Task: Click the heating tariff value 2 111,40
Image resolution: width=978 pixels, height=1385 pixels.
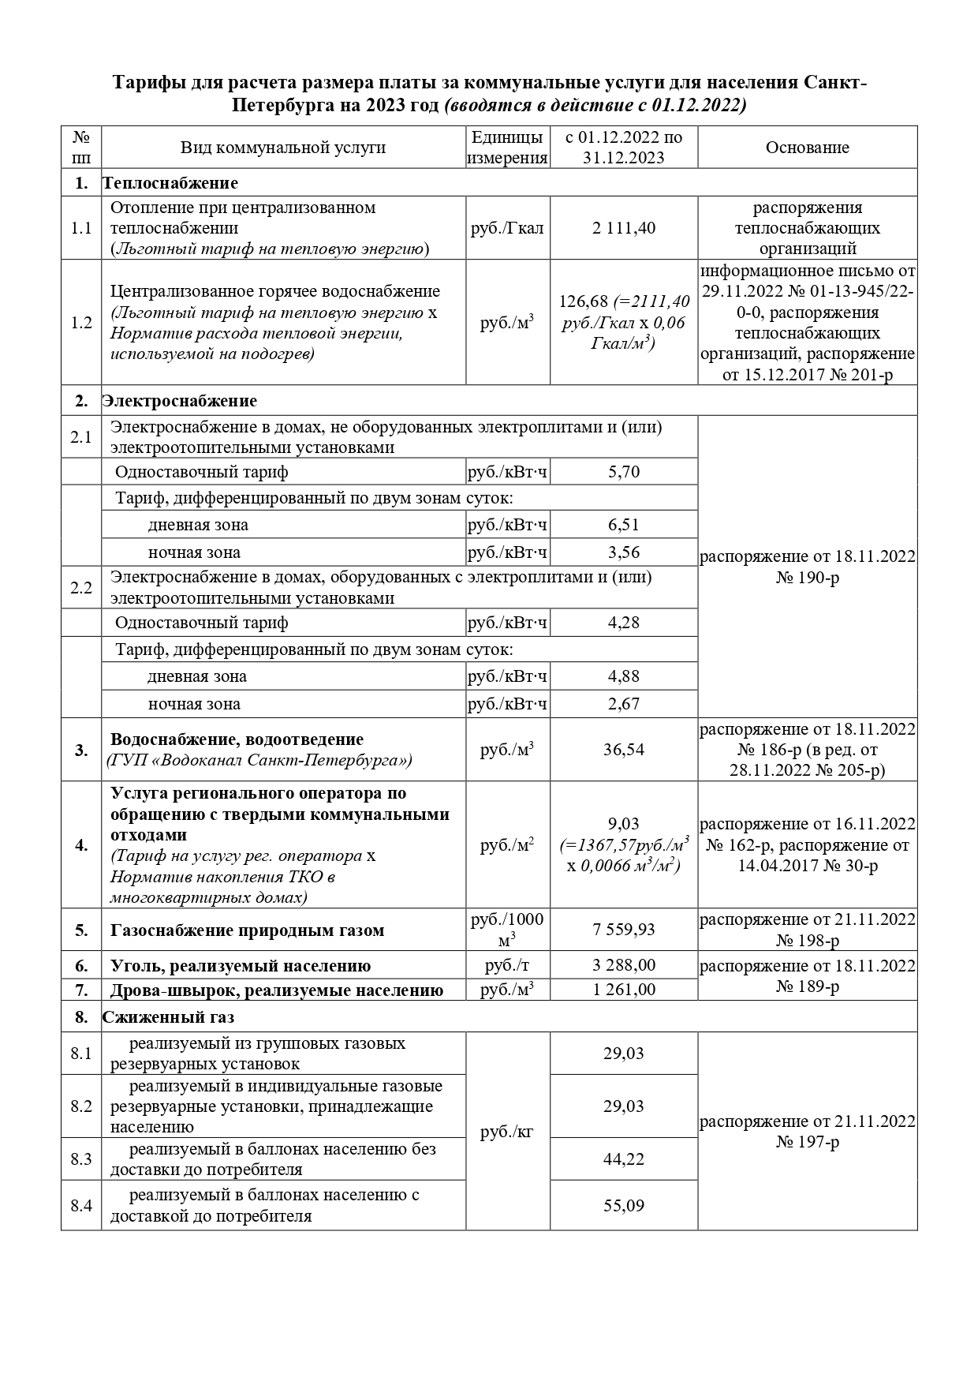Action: coord(623,228)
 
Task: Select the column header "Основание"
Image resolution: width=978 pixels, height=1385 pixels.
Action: coord(807,148)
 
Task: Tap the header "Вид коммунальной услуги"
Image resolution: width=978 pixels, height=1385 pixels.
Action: coord(283,148)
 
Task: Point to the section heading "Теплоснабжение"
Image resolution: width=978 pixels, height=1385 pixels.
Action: coord(170,183)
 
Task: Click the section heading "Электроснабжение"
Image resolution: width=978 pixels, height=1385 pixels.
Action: coord(180,401)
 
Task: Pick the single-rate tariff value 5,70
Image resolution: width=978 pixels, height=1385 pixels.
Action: coord(623,472)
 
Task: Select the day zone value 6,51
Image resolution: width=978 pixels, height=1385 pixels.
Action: coord(623,525)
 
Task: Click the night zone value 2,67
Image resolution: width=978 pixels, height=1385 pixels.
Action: coord(623,703)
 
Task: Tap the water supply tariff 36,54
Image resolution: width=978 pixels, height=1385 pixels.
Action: coord(623,750)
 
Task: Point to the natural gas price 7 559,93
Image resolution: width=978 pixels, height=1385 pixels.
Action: coord(623,930)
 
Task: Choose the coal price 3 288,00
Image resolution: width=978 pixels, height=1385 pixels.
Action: coord(623,965)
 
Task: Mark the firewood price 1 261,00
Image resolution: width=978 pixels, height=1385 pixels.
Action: coord(623,990)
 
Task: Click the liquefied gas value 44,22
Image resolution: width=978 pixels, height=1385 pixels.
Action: coord(623,1159)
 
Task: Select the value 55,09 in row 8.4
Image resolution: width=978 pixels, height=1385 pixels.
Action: coord(623,1205)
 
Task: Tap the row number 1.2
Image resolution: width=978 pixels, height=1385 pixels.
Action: coord(81,323)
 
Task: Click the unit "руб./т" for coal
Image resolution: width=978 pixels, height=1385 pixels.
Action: coord(507,965)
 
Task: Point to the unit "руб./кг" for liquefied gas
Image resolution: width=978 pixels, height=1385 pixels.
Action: coord(507,1132)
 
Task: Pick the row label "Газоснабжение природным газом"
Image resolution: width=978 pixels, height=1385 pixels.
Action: coord(248,930)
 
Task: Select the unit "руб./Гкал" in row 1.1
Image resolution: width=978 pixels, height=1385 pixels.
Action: coord(507,228)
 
